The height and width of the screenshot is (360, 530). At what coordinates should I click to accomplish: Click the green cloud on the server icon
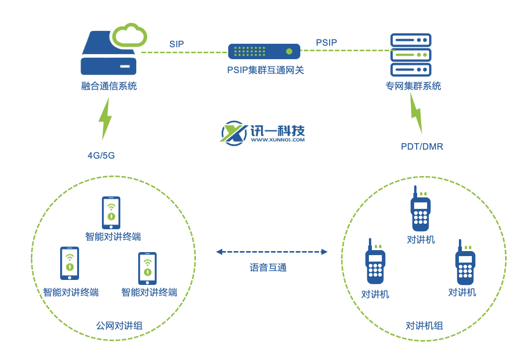(x=129, y=35)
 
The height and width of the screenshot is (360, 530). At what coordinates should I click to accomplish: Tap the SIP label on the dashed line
(x=177, y=44)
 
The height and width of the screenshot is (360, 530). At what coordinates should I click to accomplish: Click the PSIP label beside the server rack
(x=326, y=43)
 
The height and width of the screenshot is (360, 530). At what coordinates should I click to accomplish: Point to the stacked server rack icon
(x=411, y=54)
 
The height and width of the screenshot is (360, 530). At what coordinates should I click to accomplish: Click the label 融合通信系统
(x=109, y=86)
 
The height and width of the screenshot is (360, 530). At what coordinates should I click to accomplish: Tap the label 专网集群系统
(x=413, y=86)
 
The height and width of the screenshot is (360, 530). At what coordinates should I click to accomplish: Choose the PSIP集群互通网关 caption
(x=265, y=70)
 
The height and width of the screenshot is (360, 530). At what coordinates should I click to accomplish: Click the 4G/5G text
(x=101, y=155)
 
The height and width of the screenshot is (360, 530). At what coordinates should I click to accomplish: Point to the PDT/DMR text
(x=422, y=147)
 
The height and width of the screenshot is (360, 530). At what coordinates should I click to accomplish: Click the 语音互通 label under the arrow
(x=268, y=268)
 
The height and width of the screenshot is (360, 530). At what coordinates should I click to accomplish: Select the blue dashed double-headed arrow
(x=271, y=252)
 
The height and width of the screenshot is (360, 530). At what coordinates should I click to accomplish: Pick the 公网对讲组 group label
(x=119, y=326)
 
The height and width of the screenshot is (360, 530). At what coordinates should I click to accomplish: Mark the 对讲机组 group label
(x=424, y=326)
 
